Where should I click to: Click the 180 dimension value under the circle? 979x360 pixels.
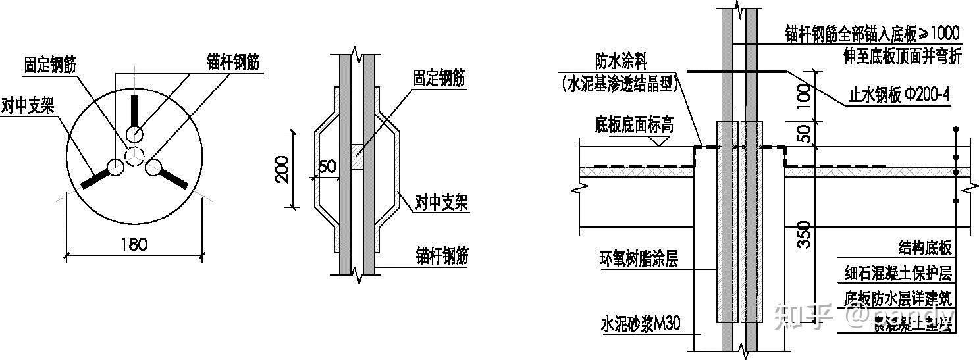tap(134, 244)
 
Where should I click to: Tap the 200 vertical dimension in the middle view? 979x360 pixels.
tap(281, 170)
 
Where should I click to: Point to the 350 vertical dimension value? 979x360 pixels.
tap(803, 235)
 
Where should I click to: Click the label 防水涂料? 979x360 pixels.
tap(622, 63)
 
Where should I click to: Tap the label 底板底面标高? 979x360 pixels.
tap(634, 124)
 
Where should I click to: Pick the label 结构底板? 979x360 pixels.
tap(925, 247)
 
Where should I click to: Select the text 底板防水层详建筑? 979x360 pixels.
tap(899, 298)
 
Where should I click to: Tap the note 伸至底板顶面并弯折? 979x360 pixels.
tap(902, 57)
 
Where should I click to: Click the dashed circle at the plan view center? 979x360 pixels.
tap(135, 156)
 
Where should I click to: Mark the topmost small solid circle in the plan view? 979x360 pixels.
tap(135, 134)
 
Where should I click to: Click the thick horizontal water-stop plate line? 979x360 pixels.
tap(736, 70)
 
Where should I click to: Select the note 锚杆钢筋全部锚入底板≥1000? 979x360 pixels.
tap(872, 33)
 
